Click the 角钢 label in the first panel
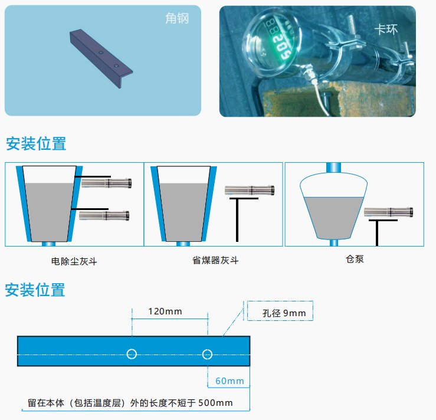point(176,19)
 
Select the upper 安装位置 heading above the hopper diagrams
point(35,144)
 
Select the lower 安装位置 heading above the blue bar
point(35,290)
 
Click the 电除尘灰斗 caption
point(74,260)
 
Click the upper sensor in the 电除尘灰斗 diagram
point(106,183)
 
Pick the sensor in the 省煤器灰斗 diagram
point(249,190)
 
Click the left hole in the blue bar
point(132,354)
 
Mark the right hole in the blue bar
point(207,354)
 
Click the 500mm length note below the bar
point(130,403)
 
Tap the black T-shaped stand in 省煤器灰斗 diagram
point(238,218)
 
